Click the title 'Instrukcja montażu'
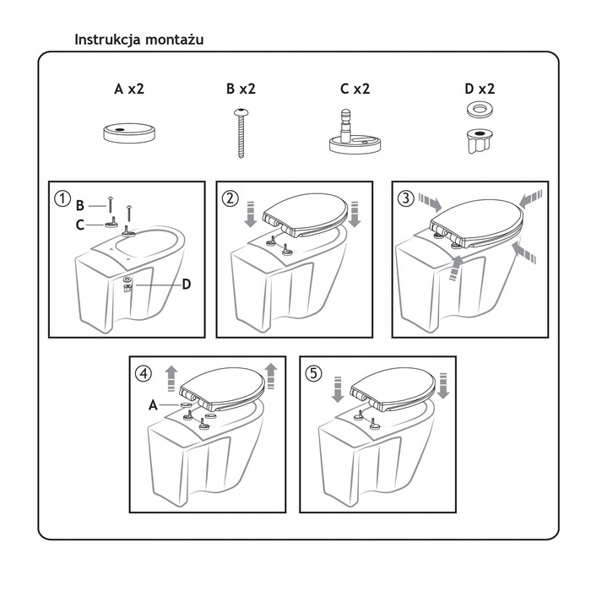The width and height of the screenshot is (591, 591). coord(139,40)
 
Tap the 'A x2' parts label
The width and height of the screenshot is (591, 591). coord(129,89)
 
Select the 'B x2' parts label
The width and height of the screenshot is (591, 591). coord(241,89)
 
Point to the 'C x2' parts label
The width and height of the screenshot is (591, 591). coord(355,89)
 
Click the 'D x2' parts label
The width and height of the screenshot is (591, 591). coord(480,89)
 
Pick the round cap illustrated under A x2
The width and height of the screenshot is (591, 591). coord(129,133)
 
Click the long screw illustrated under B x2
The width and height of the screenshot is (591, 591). coord(241,133)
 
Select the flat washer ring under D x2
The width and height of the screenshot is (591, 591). coord(480,110)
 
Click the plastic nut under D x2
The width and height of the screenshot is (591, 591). coord(480,141)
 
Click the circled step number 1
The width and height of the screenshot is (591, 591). coord(62,198)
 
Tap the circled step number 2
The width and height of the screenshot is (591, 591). coord(230,198)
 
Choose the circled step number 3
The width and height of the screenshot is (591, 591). coord(406,198)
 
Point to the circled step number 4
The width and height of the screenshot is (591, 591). coord(144,373)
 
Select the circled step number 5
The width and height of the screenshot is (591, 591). coord(313,373)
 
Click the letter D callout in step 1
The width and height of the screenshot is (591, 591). coord(187,285)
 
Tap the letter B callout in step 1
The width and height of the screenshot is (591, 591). coord(80,205)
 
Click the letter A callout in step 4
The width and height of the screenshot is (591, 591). coord(153,405)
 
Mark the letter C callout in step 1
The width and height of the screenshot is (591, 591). coord(80,225)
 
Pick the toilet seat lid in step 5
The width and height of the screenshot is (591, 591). coord(393,389)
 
